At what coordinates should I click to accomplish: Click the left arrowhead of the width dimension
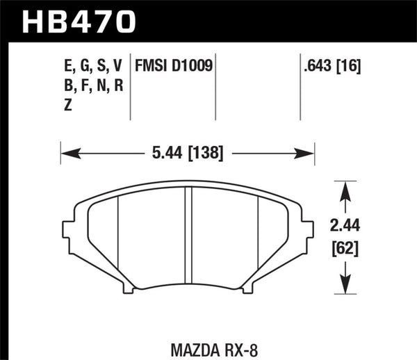[x=67, y=152]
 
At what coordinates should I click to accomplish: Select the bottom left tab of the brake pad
[x=127, y=286]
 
